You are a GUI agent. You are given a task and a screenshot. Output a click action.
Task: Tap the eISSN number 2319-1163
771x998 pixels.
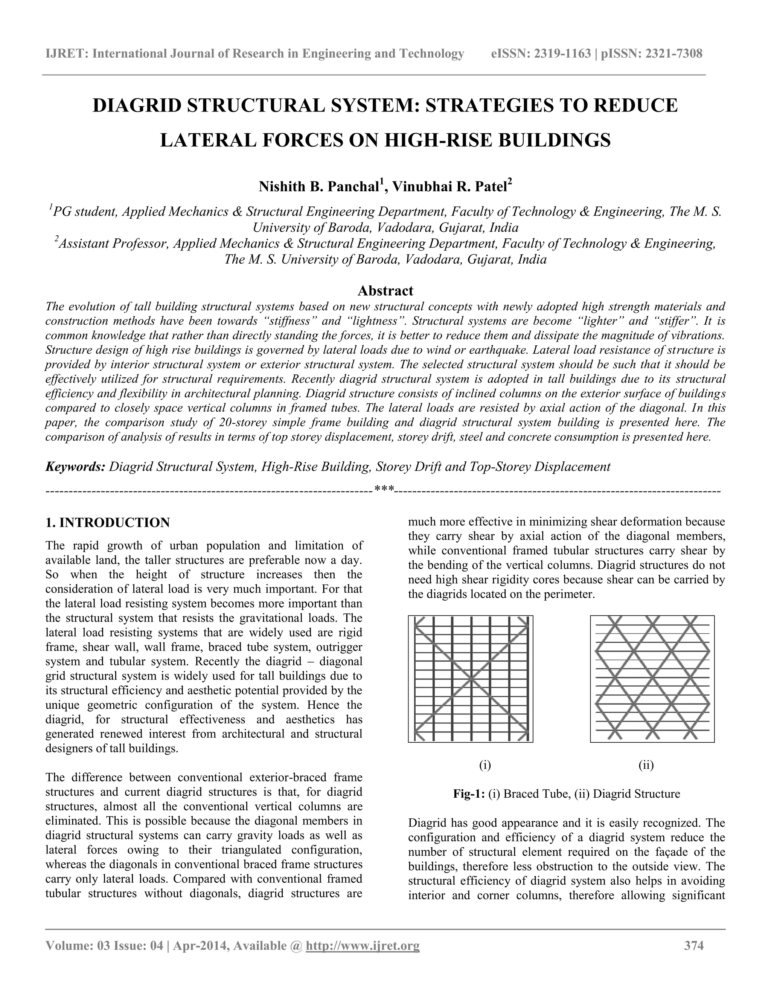(562, 54)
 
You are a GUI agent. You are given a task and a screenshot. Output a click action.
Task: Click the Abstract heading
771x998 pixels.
(385, 291)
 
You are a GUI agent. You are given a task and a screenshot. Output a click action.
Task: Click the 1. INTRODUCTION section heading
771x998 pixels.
(108, 523)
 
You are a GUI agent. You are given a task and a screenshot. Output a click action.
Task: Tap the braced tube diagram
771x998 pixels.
(471, 679)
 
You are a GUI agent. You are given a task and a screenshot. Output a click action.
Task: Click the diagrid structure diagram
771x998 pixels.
(652, 679)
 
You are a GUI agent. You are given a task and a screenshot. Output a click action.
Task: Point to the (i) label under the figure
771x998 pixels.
(485, 765)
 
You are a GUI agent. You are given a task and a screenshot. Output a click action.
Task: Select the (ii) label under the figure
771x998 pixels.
(646, 765)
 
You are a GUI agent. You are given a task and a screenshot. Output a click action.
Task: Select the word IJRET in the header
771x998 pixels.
(67, 54)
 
